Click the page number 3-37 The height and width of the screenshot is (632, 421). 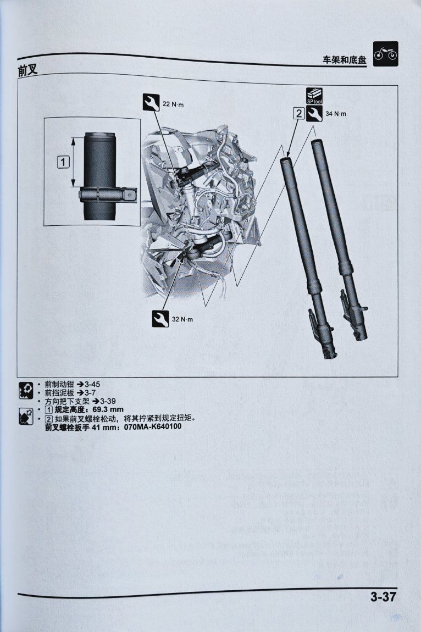click(x=384, y=596)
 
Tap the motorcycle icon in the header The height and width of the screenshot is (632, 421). click(x=385, y=54)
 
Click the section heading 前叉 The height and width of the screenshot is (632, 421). click(x=27, y=70)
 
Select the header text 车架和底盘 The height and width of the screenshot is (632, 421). click(x=345, y=60)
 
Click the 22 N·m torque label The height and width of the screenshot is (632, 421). click(x=173, y=104)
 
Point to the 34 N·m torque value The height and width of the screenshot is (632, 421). click(x=335, y=114)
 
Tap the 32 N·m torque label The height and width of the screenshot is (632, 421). click(x=182, y=319)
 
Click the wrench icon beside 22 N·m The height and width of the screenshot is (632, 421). click(x=151, y=102)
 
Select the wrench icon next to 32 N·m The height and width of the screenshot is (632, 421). click(x=160, y=318)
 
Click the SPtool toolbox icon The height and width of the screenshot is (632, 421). click(x=314, y=96)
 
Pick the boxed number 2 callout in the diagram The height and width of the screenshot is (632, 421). click(x=299, y=114)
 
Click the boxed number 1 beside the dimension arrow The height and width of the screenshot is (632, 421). click(x=63, y=163)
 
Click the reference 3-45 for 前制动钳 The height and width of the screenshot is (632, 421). click(x=92, y=384)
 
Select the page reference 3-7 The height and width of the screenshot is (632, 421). click(x=90, y=392)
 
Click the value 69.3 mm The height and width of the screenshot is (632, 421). click(x=108, y=410)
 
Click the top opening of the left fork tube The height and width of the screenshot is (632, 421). click(x=286, y=159)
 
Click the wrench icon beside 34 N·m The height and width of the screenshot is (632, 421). click(x=314, y=114)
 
